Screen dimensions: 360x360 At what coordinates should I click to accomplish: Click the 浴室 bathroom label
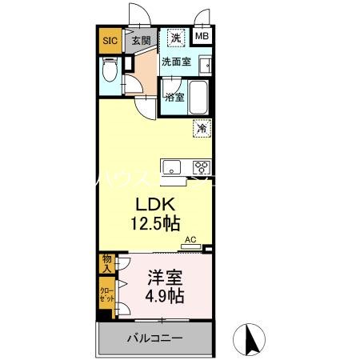pyautogui.click(x=175, y=98)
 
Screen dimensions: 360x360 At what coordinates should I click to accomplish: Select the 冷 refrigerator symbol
pyautogui.click(x=202, y=127)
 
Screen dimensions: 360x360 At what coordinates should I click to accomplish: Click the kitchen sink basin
pyautogui.click(x=172, y=167)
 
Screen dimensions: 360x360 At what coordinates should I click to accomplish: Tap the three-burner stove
pyautogui.click(x=200, y=167)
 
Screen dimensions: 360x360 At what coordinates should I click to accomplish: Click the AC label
pyautogui.click(x=190, y=238)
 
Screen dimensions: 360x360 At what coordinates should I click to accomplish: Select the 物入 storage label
pyautogui.click(x=106, y=262)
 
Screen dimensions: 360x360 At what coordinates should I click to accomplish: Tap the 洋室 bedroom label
pyautogui.click(x=164, y=279)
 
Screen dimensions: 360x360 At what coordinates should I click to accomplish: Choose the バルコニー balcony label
pyautogui.click(x=154, y=338)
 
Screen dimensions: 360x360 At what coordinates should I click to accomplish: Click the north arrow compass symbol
pyautogui.click(x=251, y=340)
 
